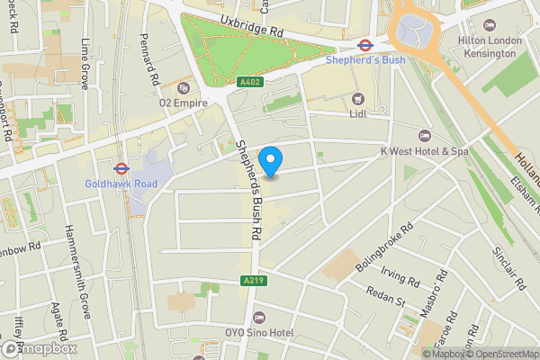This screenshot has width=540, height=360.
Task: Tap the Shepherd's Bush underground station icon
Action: coord(365,44)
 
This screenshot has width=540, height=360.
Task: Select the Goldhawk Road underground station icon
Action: coord(120,167)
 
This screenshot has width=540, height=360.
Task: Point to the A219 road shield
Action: coord(254,281)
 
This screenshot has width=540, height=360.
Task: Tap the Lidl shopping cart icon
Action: coord(359,98)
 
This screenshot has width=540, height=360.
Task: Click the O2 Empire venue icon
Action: coord(184,87)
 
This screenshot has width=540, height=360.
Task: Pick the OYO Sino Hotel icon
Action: coord(259,317)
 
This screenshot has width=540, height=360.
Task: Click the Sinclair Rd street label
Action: coord(509,268)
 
